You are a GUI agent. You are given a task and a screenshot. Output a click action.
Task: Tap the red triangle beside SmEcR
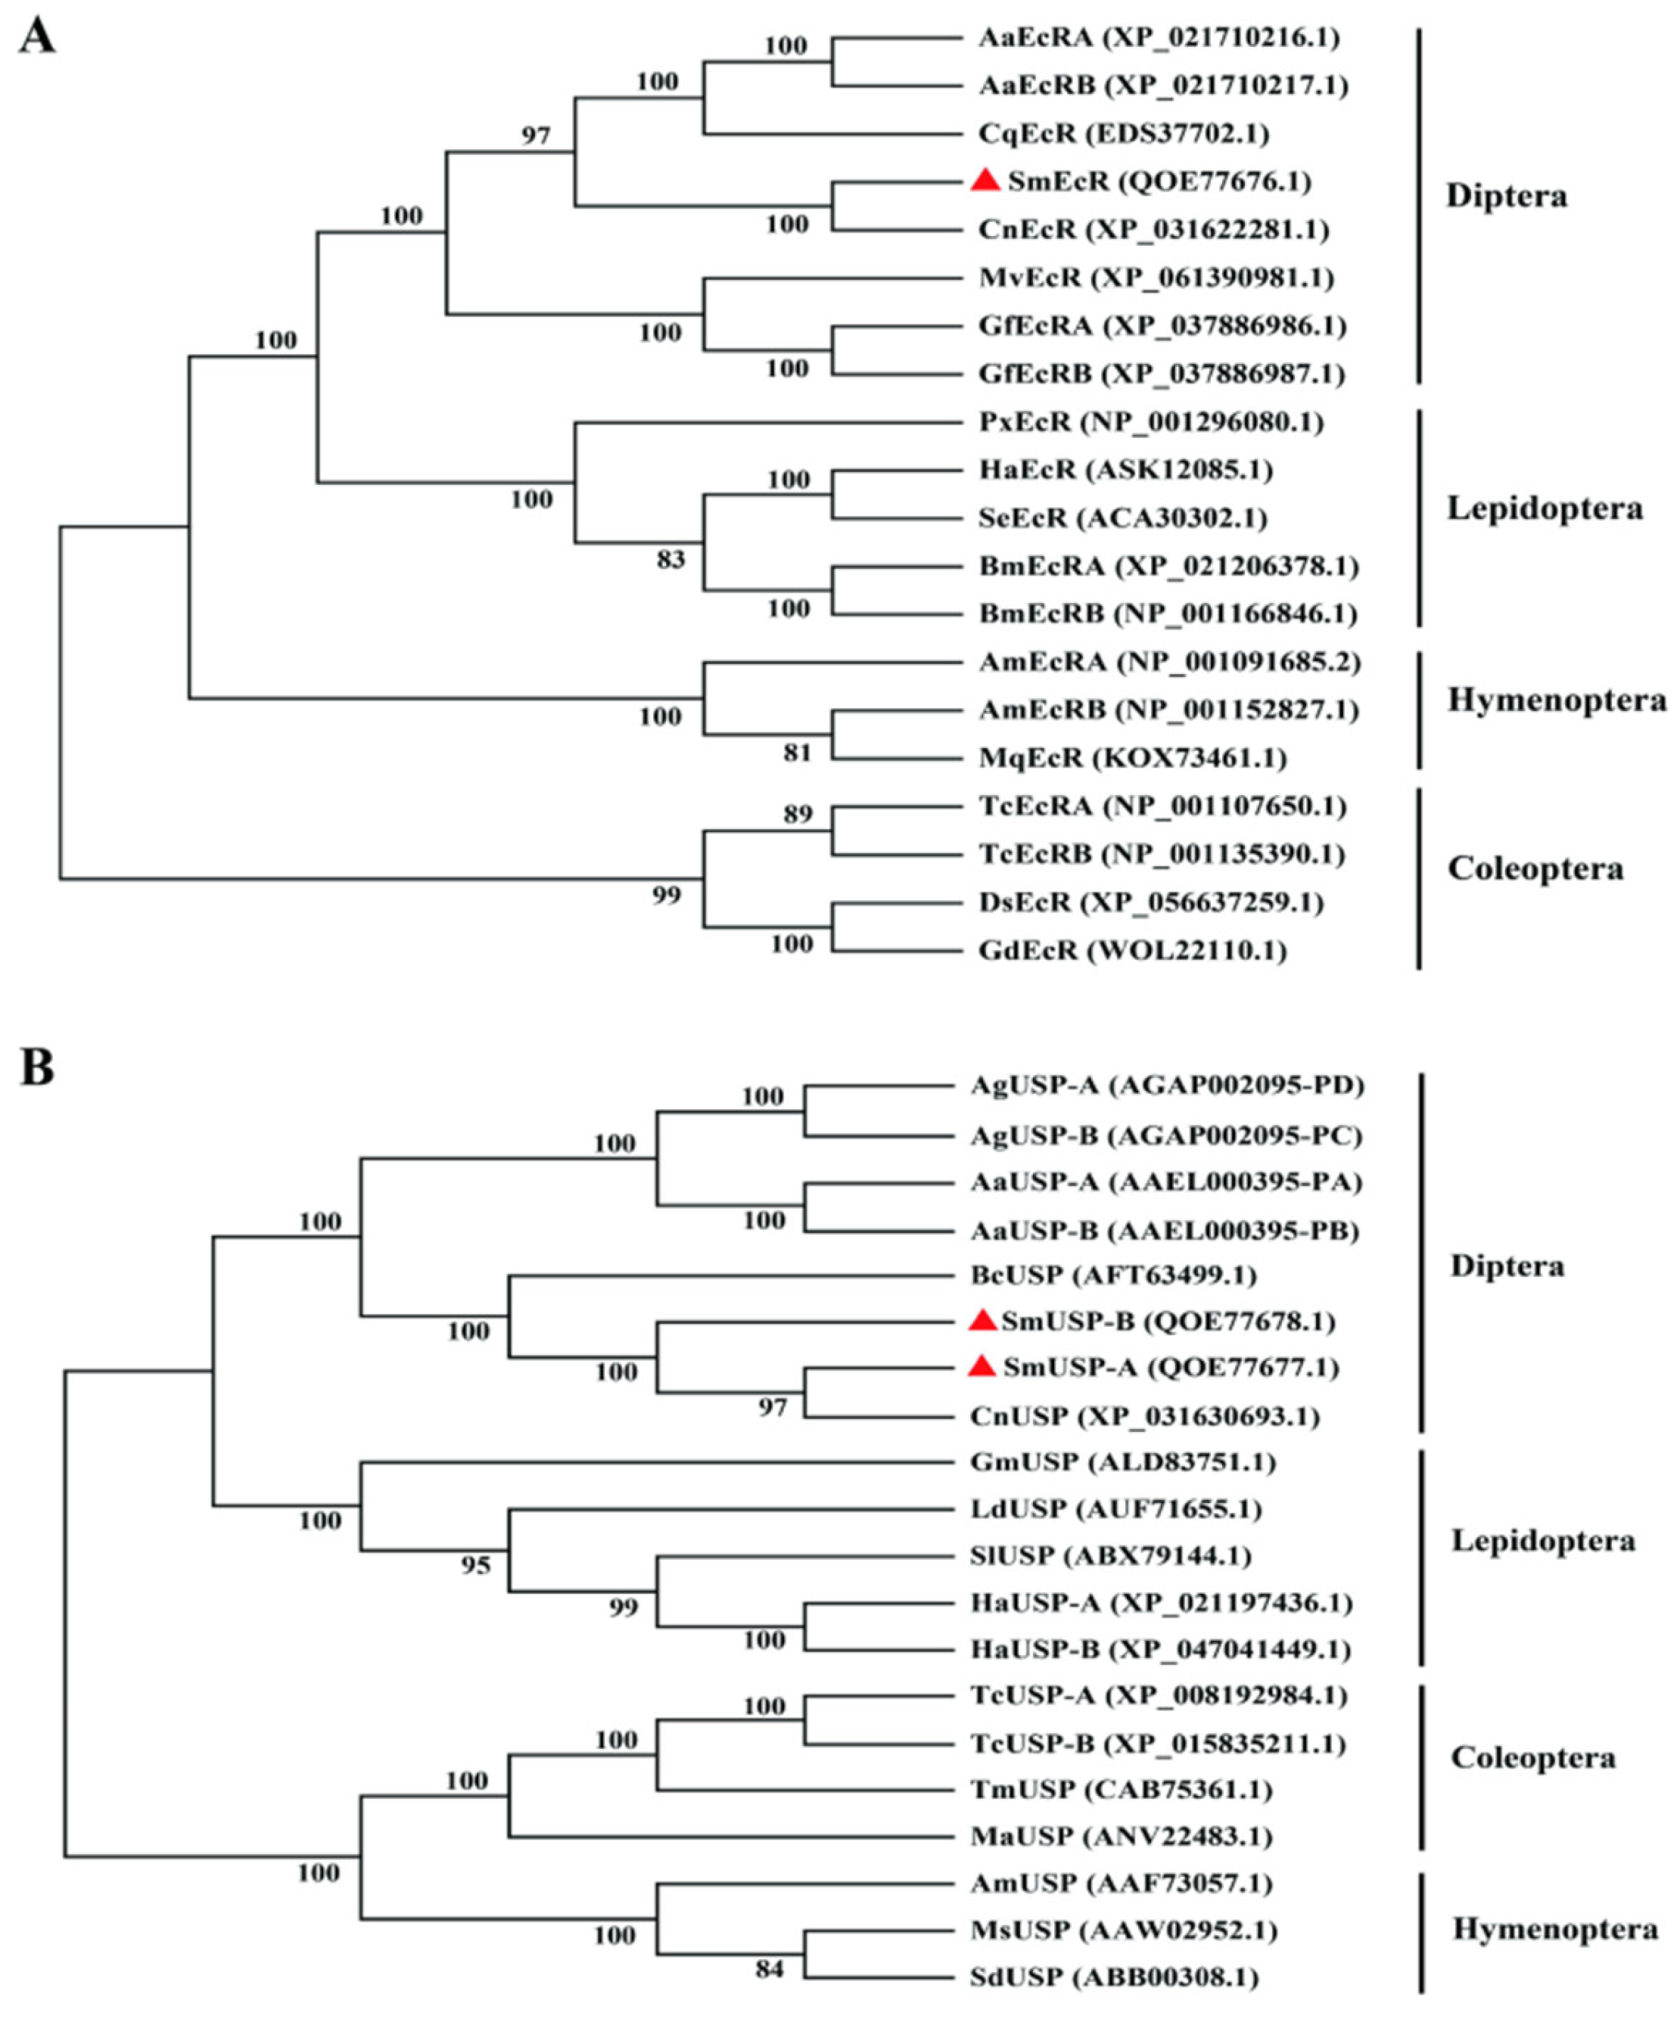coord(986,180)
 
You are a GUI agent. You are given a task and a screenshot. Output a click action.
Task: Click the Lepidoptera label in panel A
coord(1545,508)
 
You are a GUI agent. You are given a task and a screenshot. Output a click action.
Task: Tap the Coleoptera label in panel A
coord(1535,868)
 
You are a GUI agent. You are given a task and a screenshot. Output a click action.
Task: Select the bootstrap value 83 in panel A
coord(670,558)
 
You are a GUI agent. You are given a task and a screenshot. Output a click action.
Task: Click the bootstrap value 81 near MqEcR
coord(797,752)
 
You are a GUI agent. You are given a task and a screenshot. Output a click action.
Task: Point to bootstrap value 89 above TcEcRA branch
coord(797,813)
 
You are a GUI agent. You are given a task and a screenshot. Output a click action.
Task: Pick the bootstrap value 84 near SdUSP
coord(770,1969)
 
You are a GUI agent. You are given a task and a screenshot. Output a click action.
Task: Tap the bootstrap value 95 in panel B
coord(475,1566)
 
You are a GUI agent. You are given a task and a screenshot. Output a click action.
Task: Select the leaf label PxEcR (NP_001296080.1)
coord(1151,421)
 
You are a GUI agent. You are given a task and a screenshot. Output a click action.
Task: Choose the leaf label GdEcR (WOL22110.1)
coord(1132,950)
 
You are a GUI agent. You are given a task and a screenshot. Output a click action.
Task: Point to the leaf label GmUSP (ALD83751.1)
coord(1122,1462)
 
